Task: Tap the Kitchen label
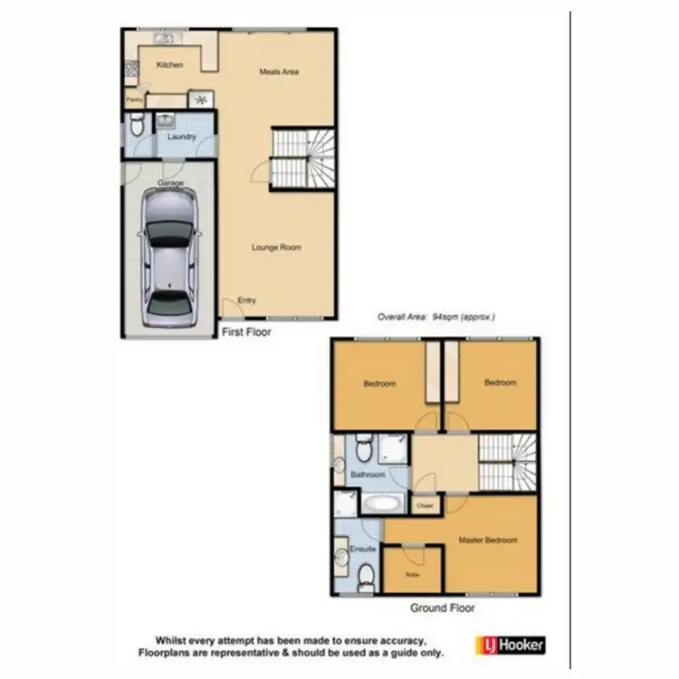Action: [169, 65]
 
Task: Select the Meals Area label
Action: [279, 72]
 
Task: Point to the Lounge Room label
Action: [277, 247]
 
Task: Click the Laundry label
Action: [182, 137]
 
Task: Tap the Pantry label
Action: [134, 100]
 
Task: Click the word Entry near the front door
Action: [246, 301]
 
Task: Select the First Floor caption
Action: [246, 332]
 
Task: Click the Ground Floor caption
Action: [443, 608]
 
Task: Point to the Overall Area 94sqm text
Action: [436, 317]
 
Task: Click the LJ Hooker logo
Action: [510, 646]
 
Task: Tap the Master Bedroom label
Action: [488, 540]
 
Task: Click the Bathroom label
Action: [368, 474]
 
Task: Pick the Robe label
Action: [412, 574]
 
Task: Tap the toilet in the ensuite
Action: [366, 575]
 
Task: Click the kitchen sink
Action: [165, 39]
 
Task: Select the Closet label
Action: [424, 505]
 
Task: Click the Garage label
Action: [170, 183]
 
